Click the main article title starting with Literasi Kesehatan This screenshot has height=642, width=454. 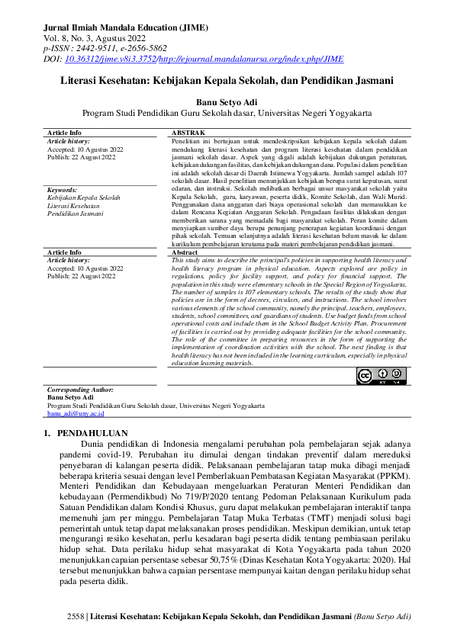tap(227, 79)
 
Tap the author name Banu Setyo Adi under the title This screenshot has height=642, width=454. tap(227, 101)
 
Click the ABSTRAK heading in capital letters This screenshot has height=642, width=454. tap(188, 133)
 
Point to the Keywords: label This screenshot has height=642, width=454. tap(62, 189)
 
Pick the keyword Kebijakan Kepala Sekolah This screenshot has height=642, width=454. tap(84, 197)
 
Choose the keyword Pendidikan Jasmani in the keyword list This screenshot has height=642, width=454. tap(75, 214)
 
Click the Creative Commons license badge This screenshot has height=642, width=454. tap(380, 376)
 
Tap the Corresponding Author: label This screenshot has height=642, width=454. tap(80, 390)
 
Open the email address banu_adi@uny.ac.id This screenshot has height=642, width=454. tap(75, 413)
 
